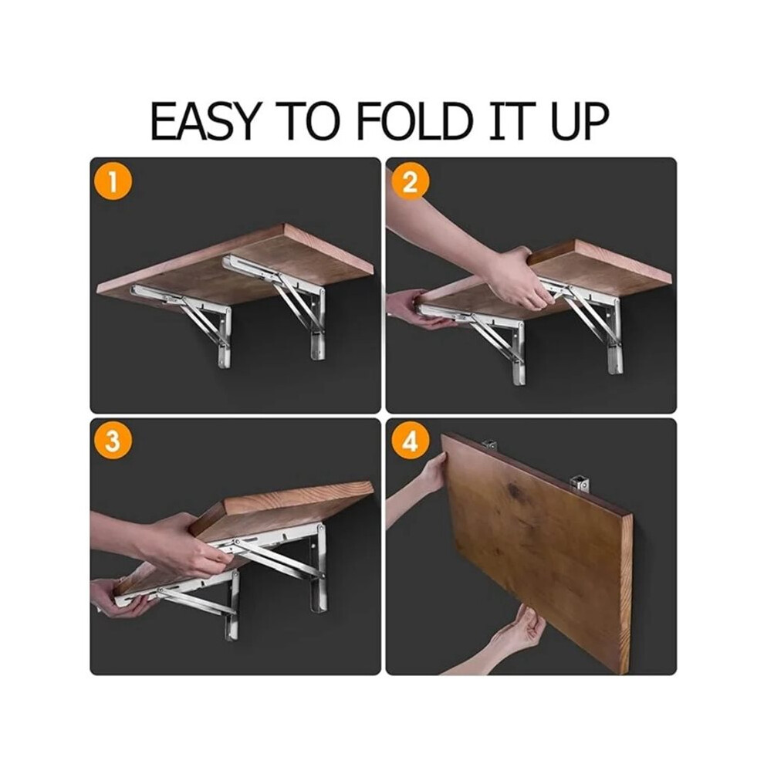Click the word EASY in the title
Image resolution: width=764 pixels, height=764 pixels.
tap(204, 120)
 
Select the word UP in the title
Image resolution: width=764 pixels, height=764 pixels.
tap(580, 120)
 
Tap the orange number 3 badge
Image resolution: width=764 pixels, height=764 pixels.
tap(113, 442)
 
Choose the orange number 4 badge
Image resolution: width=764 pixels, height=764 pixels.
tap(410, 442)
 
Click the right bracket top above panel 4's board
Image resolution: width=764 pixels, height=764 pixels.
tap(580, 485)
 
